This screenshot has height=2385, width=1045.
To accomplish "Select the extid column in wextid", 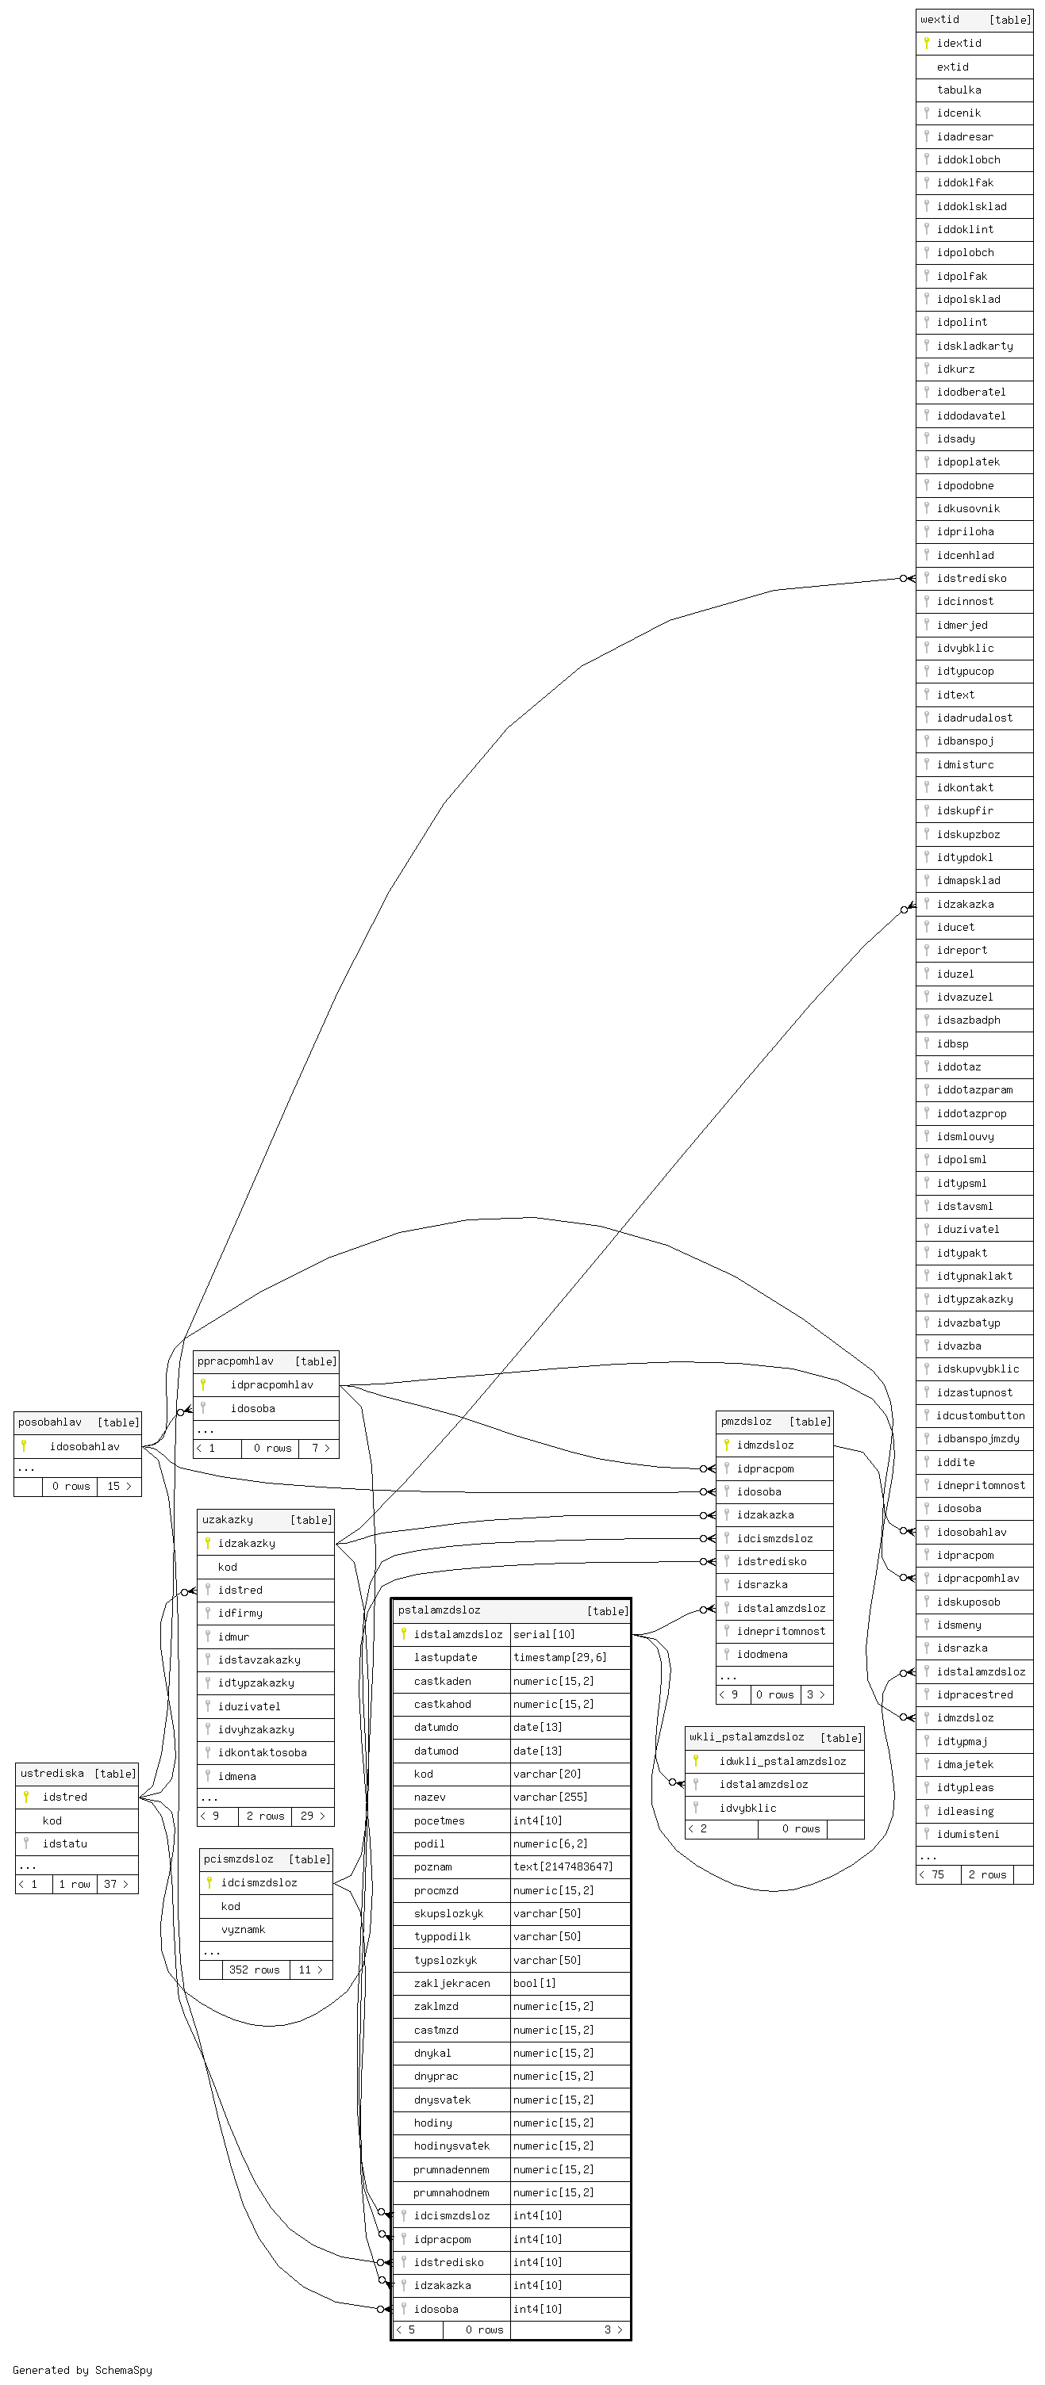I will click(952, 67).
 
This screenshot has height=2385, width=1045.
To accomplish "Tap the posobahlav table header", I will click(50, 1422).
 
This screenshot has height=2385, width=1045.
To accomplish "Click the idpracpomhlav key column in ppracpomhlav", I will click(271, 1385).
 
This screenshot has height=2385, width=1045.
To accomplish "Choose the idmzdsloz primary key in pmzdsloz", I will click(764, 1445).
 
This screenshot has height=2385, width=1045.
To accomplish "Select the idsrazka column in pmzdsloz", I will click(762, 1584).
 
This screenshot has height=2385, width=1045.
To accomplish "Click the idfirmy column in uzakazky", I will click(240, 1613).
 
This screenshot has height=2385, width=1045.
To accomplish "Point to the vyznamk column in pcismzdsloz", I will click(243, 1929).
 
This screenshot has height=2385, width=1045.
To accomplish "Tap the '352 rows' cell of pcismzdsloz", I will click(254, 1970).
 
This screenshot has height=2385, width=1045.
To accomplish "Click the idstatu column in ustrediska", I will click(65, 1843).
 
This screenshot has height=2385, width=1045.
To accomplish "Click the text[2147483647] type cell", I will click(563, 1866).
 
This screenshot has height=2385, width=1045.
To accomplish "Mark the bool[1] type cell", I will click(535, 1983).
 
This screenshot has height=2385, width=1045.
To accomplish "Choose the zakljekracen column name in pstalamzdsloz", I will click(452, 1983).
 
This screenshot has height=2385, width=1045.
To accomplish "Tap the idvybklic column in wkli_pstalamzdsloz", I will click(747, 1807).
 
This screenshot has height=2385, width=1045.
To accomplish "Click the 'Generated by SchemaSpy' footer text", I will click(83, 2370).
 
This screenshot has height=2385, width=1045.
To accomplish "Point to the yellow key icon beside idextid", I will click(925, 43).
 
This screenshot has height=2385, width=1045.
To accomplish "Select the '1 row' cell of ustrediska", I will click(74, 1884).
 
